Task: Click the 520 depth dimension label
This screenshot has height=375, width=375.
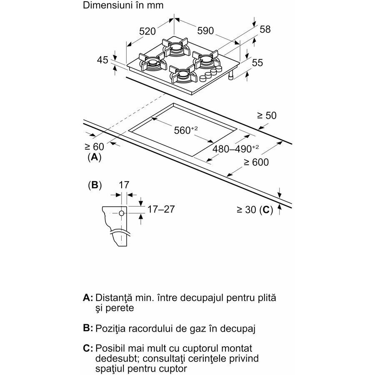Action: tap(147, 31)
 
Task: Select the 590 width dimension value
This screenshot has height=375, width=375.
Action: tap(205, 30)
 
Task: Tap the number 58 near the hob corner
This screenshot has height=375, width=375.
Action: tap(265, 30)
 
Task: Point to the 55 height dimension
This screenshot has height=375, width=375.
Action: tap(257, 62)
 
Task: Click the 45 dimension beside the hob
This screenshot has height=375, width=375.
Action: tap(102, 60)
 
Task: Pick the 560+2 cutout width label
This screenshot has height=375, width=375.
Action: tap(186, 130)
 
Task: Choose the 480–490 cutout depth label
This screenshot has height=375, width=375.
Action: tap(235, 148)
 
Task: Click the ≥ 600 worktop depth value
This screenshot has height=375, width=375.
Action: tap(256, 162)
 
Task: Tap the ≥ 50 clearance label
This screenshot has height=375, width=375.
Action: tap(267, 115)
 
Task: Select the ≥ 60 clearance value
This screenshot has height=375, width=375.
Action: tap(95, 147)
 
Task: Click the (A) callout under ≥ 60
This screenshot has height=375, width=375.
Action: tap(95, 157)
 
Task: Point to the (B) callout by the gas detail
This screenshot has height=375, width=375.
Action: tap(95, 185)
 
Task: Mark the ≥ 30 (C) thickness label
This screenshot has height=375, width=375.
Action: tap(255, 210)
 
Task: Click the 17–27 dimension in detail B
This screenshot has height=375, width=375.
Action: tap(161, 209)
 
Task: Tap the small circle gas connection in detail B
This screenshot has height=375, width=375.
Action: tap(122, 213)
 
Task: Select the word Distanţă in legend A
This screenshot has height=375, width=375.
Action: tap(114, 298)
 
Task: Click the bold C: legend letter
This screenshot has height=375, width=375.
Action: tap(88, 348)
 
